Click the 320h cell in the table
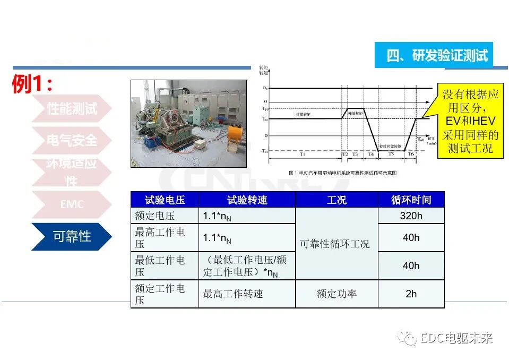(x=411, y=216)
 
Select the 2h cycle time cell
(x=411, y=294)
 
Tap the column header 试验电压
(x=165, y=200)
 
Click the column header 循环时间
(x=411, y=200)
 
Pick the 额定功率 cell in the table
(x=337, y=294)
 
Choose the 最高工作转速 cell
(x=233, y=294)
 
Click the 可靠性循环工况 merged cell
(x=335, y=244)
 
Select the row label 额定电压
(x=154, y=216)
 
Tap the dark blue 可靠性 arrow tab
(x=72, y=236)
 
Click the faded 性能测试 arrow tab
(x=72, y=109)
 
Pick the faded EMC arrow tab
(x=72, y=204)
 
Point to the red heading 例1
(x=32, y=84)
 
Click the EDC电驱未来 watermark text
(x=456, y=338)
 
